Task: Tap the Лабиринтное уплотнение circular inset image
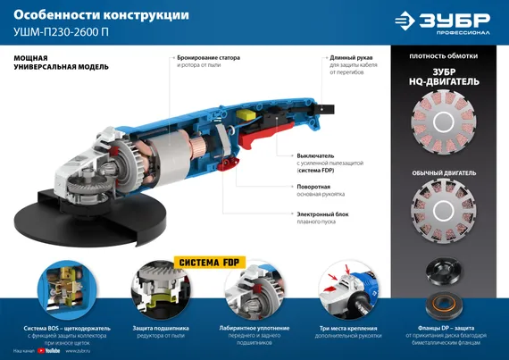tap(253, 293)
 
